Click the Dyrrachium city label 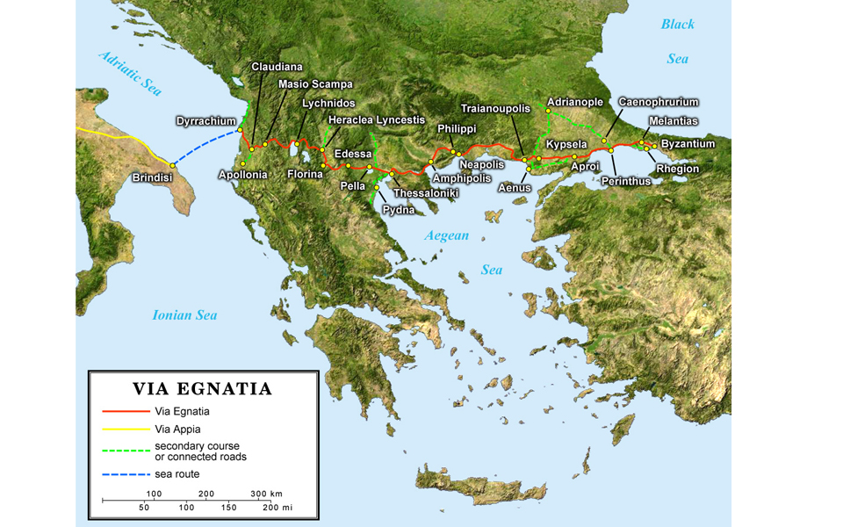[206, 120]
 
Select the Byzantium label [688, 143]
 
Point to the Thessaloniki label [426, 193]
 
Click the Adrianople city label [575, 102]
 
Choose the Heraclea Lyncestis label [376, 119]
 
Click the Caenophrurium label [659, 102]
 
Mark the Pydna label [398, 210]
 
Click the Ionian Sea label [184, 315]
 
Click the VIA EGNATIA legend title [202, 388]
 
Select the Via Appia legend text [177, 430]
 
